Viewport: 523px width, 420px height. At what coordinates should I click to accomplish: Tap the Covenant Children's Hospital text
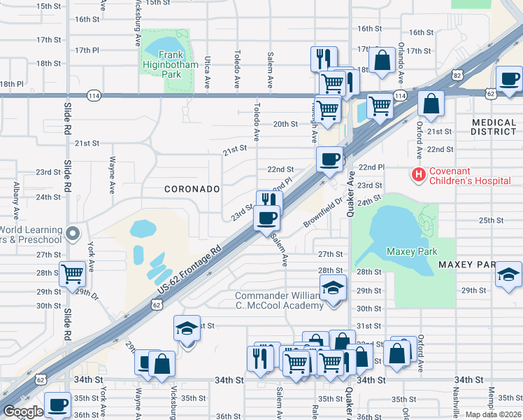(x=469, y=176)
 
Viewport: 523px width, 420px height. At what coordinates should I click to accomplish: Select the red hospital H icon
(x=419, y=174)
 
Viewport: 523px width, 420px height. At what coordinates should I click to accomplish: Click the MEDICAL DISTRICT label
(x=493, y=127)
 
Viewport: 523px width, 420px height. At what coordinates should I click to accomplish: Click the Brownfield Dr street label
(x=323, y=213)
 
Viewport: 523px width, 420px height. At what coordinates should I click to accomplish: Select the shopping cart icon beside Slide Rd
(x=72, y=274)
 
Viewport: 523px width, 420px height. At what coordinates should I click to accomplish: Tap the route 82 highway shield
(x=457, y=74)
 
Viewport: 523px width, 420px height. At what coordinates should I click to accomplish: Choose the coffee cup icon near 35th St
(x=57, y=404)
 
